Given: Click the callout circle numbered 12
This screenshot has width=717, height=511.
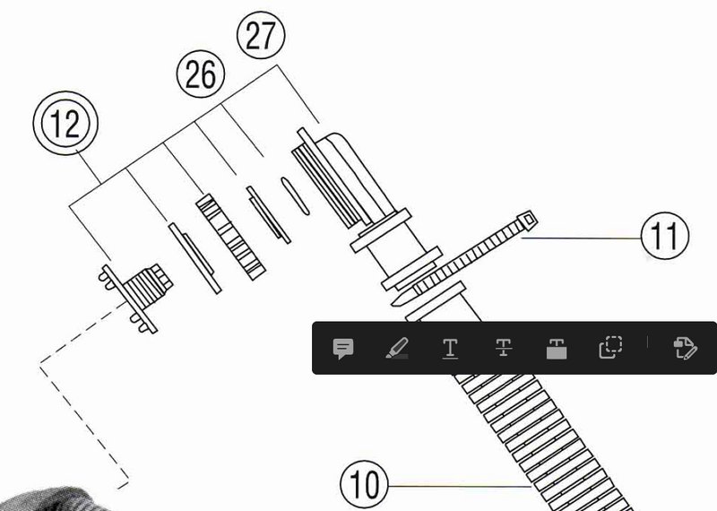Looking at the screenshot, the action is click(65, 123).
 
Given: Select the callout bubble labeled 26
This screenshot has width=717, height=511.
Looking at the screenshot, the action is click(201, 74).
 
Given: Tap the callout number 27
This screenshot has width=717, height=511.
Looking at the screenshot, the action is click(261, 35).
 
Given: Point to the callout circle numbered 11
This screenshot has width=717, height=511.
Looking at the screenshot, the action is click(665, 236).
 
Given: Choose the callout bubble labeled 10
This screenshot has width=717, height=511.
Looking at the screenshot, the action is click(364, 484).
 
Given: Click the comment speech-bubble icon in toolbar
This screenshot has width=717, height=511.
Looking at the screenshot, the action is click(343, 349).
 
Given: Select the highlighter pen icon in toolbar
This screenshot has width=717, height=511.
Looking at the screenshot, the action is click(397, 349).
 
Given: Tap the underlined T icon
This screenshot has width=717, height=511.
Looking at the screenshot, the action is click(451, 349).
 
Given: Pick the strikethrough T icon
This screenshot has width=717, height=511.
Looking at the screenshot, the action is click(504, 348).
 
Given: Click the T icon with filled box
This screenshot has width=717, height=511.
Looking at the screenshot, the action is click(557, 349).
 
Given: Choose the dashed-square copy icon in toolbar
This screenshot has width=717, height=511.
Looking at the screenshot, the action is click(610, 348).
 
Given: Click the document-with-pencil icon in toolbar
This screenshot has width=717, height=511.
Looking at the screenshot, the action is click(685, 349).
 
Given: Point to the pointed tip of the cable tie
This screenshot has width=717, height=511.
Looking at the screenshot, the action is click(393, 304).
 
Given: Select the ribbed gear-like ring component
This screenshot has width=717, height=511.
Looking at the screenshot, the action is click(231, 237).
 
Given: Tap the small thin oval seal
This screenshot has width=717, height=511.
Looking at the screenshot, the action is click(295, 196).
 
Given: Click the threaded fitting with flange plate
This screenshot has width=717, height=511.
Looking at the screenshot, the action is click(135, 293).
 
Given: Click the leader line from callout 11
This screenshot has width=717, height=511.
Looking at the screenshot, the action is click(581, 238).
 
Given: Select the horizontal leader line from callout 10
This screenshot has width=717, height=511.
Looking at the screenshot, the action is click(460, 486).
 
